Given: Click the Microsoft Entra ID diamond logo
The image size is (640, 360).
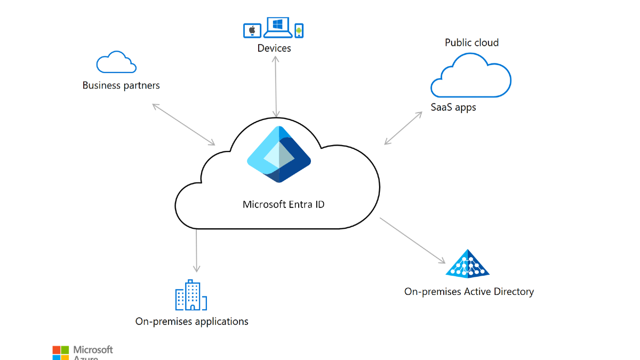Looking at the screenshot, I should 278,155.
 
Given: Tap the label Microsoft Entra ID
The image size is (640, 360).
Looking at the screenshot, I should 283,204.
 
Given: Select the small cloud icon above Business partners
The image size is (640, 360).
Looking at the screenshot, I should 116,62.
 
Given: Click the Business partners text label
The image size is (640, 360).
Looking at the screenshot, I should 121,85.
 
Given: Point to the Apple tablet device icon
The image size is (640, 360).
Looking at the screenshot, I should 252,30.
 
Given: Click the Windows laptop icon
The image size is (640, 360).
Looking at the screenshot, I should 277,27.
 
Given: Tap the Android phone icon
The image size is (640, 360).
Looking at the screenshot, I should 299,30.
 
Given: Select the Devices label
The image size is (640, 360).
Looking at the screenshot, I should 274,48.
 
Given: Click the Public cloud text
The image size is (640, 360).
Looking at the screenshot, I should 471,43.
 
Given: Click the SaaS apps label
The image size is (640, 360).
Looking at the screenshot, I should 453,107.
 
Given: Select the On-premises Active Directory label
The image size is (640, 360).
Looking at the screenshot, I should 469,291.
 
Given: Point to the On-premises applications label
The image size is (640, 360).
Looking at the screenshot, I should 191,321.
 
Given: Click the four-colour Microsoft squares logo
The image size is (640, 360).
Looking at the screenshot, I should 61,353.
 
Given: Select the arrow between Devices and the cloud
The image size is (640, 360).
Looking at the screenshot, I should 276,85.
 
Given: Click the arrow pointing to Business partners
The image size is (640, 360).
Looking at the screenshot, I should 183,124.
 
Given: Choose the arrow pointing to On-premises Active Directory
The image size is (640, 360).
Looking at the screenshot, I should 412,241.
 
